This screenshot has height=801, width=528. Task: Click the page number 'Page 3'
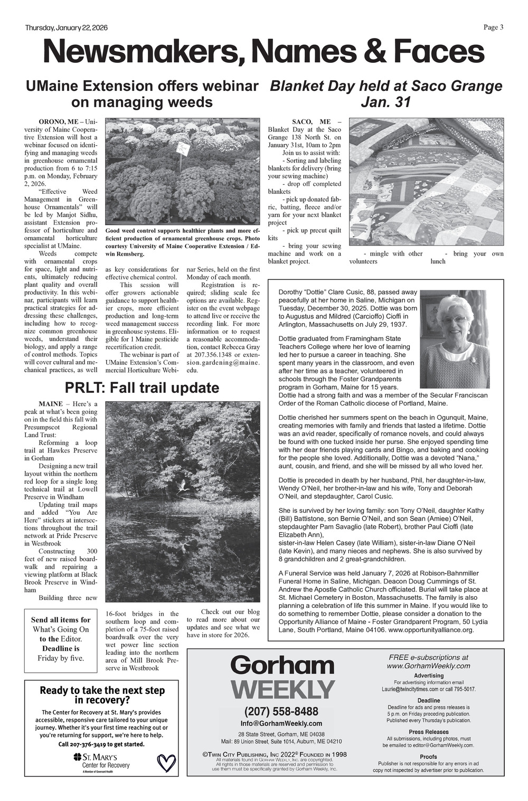(x=493, y=28)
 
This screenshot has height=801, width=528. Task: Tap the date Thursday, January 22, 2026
(x=67, y=28)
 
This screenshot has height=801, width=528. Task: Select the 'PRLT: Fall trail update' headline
(x=142, y=388)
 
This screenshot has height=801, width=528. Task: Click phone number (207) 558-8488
(x=281, y=711)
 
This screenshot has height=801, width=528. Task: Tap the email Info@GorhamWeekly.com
(x=281, y=723)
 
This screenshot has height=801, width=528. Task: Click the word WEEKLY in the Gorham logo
(x=282, y=690)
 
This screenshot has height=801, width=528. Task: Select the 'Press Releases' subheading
(x=428, y=732)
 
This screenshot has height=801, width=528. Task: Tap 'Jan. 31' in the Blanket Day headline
(x=385, y=102)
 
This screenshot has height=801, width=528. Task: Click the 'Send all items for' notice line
(x=61, y=620)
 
